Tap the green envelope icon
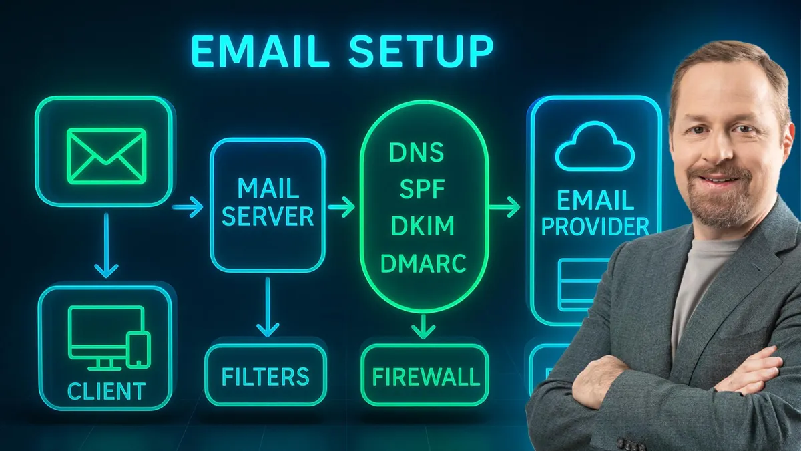tap(106, 156)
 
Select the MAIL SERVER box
tap(268, 204)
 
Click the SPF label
tap(418, 190)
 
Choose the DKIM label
tap(418, 226)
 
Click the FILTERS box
tap(266, 375)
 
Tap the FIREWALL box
tap(425, 375)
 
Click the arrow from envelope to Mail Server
tap(188, 208)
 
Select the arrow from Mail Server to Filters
tap(268, 307)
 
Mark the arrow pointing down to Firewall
tap(423, 327)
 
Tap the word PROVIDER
tap(594, 226)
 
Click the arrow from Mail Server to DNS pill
tap(341, 208)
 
